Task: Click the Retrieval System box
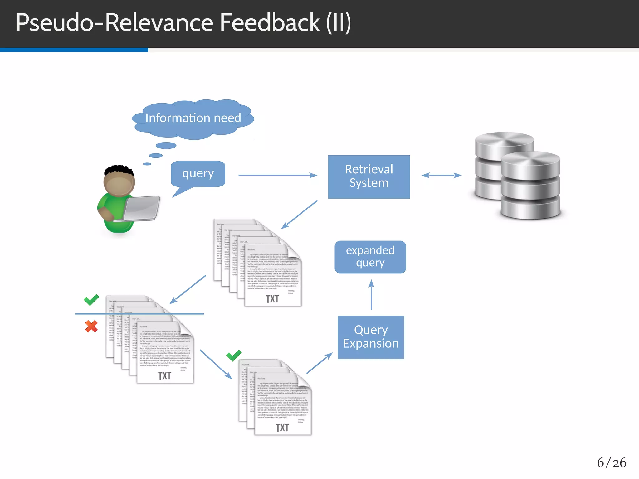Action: [x=369, y=177]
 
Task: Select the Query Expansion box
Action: [x=371, y=337]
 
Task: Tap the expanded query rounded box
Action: [x=370, y=257]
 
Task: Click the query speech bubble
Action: [x=198, y=174]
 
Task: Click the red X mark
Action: [x=91, y=326]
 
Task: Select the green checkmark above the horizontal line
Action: [x=91, y=300]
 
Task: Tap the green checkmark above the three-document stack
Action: [x=234, y=355]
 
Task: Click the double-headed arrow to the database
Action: [x=441, y=175]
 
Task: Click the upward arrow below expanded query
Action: [x=371, y=295]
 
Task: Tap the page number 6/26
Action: [x=611, y=462]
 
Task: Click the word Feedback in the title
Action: [x=270, y=22]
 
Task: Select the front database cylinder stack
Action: [x=530, y=186]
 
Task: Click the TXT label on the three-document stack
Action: [x=282, y=428]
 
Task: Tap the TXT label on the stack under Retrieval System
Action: [x=272, y=299]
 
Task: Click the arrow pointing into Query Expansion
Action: [x=319, y=363]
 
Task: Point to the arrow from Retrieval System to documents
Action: [x=299, y=215]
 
